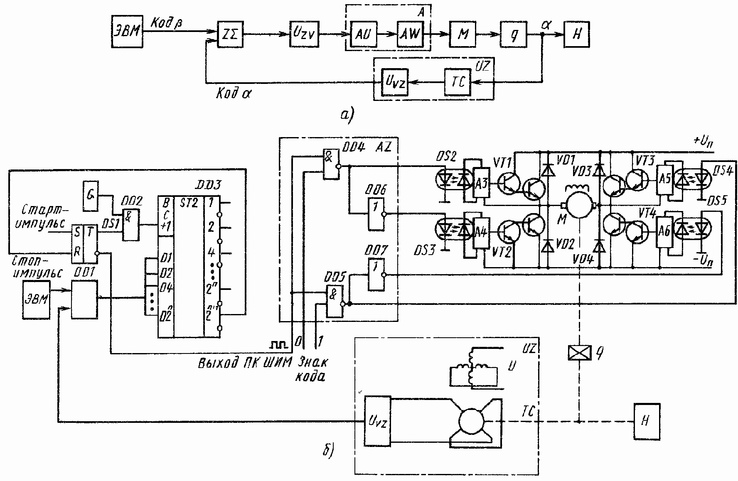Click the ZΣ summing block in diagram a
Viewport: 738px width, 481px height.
click(x=231, y=34)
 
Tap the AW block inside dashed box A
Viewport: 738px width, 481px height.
click(x=410, y=34)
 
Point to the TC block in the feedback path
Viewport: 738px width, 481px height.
click(x=458, y=82)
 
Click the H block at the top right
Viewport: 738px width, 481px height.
click(x=576, y=34)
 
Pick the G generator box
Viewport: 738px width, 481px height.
click(x=90, y=196)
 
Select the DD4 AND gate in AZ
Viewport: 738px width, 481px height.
click(x=331, y=164)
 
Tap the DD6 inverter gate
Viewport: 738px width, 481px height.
click(x=376, y=214)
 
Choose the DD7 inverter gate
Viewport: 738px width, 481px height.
click(x=376, y=275)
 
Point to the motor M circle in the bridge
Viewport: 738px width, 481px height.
click(x=579, y=205)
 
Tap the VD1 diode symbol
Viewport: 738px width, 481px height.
click(x=548, y=170)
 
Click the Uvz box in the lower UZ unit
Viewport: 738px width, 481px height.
click(x=377, y=421)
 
